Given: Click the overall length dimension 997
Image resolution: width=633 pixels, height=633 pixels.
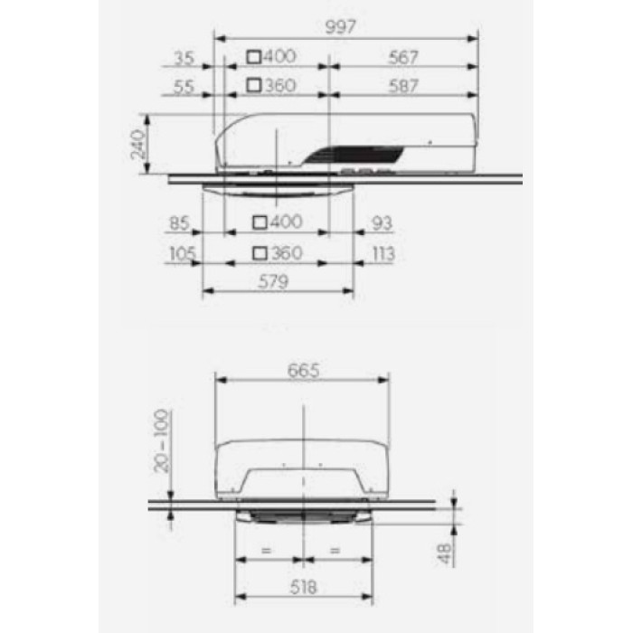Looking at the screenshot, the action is pyautogui.click(x=340, y=27).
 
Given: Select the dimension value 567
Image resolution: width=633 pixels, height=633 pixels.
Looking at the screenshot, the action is pyautogui.click(x=403, y=57).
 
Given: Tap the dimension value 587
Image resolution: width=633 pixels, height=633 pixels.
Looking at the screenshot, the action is pyautogui.click(x=403, y=86).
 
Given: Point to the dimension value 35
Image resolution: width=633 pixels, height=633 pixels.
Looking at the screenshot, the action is pyautogui.click(x=184, y=58).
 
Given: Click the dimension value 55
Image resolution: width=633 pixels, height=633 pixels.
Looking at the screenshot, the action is pyautogui.click(x=184, y=87).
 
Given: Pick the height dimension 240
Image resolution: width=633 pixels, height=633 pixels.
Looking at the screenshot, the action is pyautogui.click(x=138, y=144).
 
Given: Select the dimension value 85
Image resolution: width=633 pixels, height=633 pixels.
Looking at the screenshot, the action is pyautogui.click(x=179, y=223).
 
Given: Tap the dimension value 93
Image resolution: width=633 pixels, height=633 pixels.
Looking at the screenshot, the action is pyautogui.click(x=382, y=223).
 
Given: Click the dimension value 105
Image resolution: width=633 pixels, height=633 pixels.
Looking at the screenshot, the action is pyautogui.click(x=183, y=253).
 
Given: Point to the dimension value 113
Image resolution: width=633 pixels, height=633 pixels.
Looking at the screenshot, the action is pyautogui.click(x=383, y=254).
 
